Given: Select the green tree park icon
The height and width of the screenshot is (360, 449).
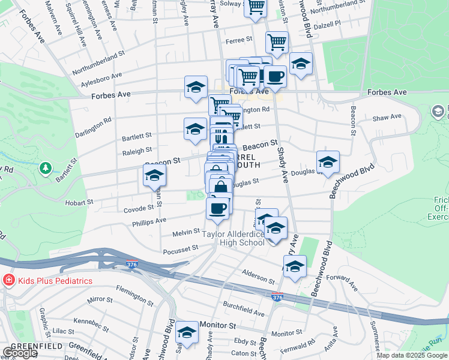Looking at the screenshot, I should (x=45, y=167).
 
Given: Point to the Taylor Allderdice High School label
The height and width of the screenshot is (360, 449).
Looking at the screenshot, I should (x=234, y=238).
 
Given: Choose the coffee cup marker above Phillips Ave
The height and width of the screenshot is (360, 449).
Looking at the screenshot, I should (x=217, y=208).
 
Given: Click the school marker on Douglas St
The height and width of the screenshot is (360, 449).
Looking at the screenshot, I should (x=328, y=162).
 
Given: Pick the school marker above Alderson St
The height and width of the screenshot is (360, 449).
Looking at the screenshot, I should (x=295, y=266).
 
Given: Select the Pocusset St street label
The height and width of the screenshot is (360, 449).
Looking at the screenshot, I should (x=179, y=248).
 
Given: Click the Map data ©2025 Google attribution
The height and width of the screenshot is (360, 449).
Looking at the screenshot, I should (x=412, y=355).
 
